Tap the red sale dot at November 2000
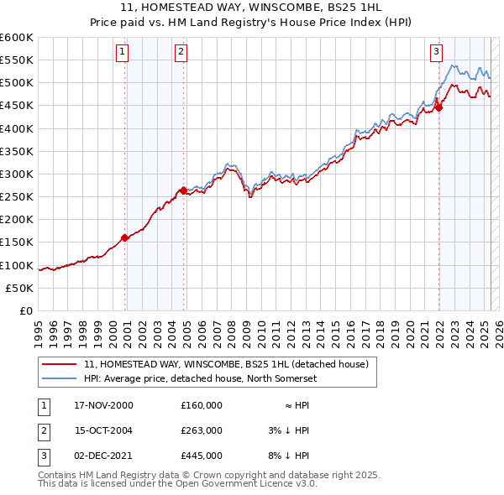coord(125,237)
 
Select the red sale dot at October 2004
coord(184,190)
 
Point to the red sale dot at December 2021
coord(438,107)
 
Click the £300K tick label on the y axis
coord(17,174)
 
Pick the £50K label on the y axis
coord(21,288)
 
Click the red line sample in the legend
coord(60,365)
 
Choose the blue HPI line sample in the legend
coord(60,379)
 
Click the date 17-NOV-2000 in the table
coord(103,405)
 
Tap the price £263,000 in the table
coord(202,430)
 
